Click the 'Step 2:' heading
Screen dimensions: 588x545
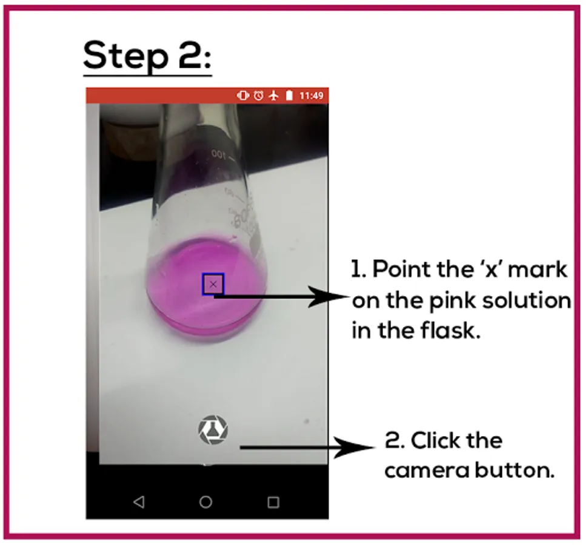[x=147, y=56]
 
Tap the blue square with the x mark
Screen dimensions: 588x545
[x=213, y=284]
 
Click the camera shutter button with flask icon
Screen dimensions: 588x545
[x=213, y=429]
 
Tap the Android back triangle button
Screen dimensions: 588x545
[x=139, y=501]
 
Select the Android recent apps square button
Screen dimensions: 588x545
[x=273, y=502]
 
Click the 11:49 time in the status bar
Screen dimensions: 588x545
[x=311, y=96]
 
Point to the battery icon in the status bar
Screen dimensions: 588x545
[x=289, y=96]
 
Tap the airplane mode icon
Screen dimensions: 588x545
[x=274, y=96]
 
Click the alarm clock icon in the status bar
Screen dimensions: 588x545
[x=258, y=96]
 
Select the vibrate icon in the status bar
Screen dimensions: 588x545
[x=242, y=96]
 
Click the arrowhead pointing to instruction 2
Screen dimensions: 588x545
[x=354, y=448]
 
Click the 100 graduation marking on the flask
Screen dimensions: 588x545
[x=218, y=154]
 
